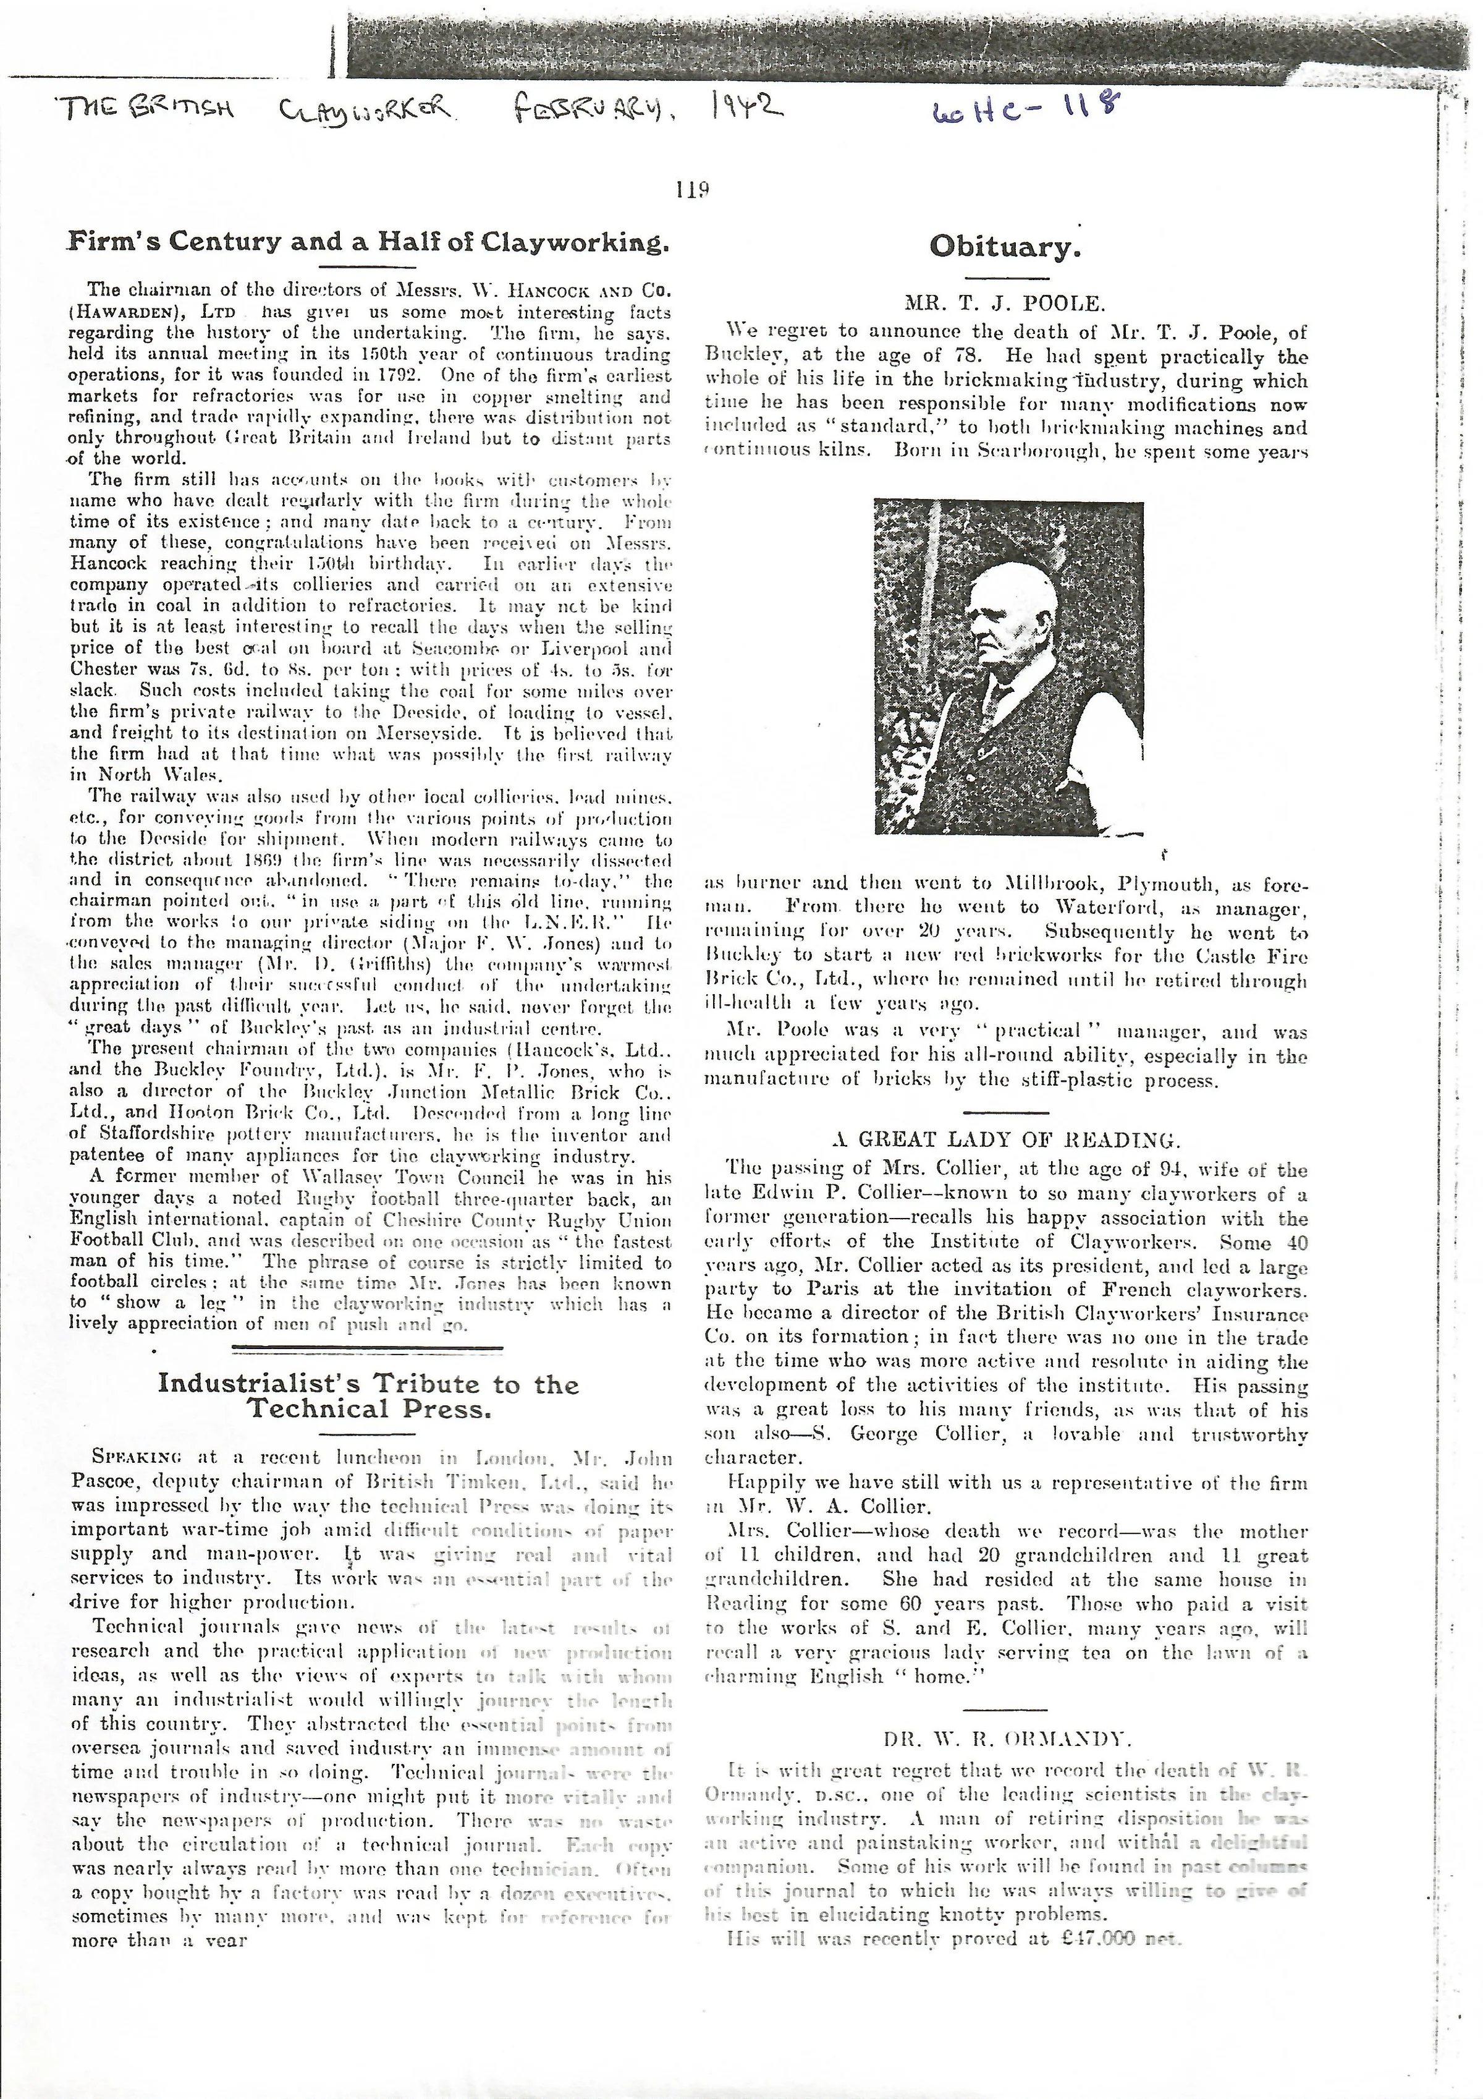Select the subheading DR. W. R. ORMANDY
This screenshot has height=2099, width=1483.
click(1007, 1738)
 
